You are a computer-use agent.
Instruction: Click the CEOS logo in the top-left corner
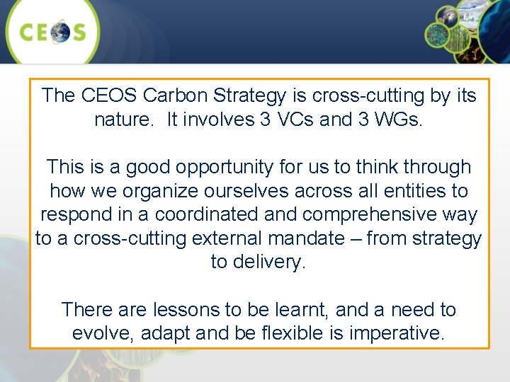(52, 33)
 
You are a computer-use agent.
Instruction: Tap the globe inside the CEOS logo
(59, 33)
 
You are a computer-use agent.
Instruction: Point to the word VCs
(289, 120)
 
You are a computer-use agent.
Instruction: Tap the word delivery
(268, 262)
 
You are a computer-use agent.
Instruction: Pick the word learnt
(303, 310)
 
